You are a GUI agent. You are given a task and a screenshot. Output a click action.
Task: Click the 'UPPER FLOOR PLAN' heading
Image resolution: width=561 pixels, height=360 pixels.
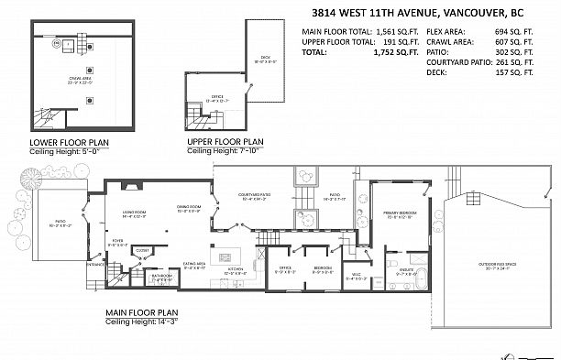coord(225,142)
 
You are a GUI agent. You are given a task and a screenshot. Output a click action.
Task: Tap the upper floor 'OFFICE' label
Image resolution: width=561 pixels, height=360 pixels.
coord(217,95)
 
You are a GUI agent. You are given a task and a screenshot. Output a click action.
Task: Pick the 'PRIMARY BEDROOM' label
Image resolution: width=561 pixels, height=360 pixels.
coord(401,213)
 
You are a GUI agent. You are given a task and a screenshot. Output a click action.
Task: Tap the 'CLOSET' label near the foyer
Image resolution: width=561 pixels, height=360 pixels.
coord(143,249)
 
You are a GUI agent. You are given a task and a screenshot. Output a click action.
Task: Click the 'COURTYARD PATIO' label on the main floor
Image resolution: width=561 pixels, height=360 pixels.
coord(253,195)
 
